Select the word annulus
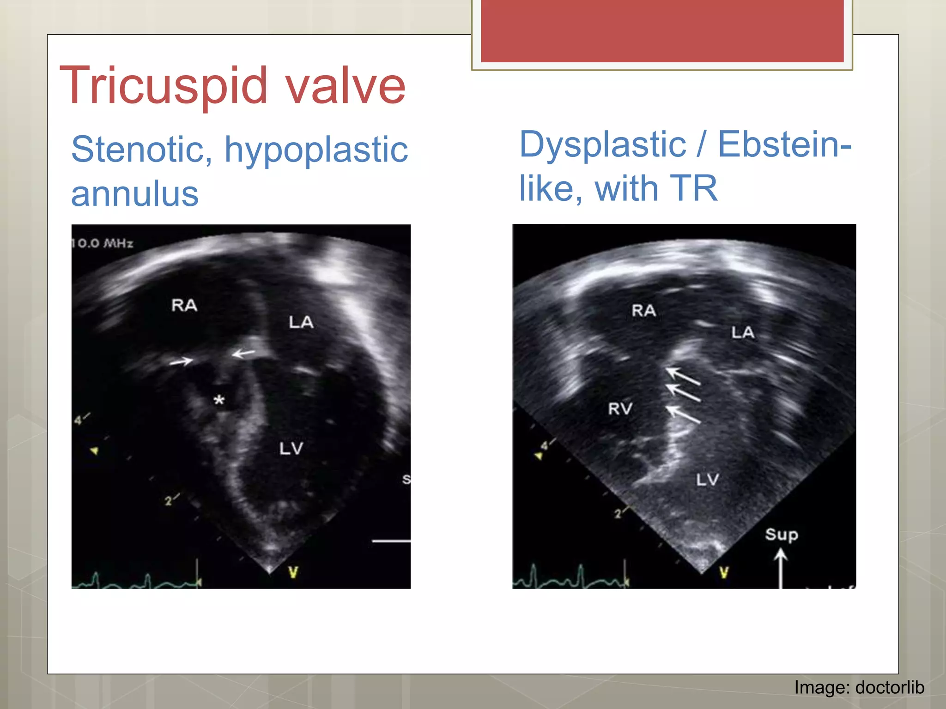point(134,194)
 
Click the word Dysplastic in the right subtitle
point(603,144)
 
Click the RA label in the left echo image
point(184,305)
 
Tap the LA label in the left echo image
point(301,322)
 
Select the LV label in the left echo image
point(291,448)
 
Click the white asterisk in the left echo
point(219,400)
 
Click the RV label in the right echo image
point(620,409)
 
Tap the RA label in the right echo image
point(644,310)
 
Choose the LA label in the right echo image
point(743,332)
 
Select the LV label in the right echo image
point(708,480)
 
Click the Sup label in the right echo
point(781,535)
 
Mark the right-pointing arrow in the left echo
point(181,361)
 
